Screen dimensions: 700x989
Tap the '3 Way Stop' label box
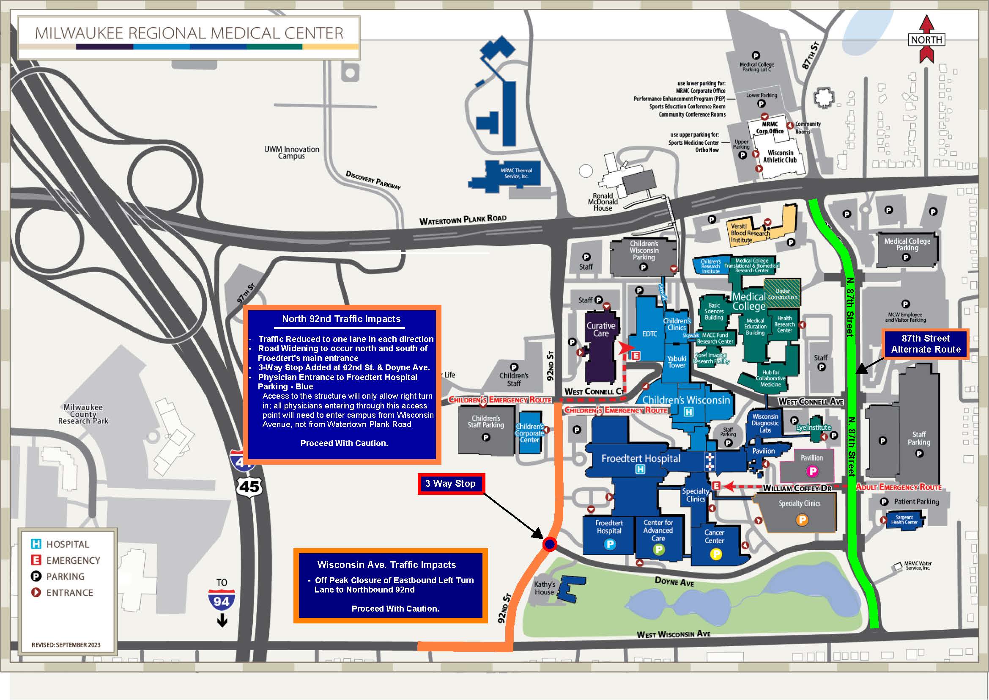point(451,484)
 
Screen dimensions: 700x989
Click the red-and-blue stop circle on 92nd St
point(550,544)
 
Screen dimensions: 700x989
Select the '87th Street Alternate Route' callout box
point(926,344)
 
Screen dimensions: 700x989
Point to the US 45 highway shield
point(249,487)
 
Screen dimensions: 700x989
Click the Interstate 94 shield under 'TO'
point(222,601)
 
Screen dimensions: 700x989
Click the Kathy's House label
point(545,588)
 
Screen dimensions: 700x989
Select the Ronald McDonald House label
point(603,202)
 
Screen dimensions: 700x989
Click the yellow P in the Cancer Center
point(715,554)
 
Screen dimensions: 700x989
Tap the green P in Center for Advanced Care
point(659,549)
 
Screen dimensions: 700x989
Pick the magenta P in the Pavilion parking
point(812,471)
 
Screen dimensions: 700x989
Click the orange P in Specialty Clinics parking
point(802,520)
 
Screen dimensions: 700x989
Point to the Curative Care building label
point(600,329)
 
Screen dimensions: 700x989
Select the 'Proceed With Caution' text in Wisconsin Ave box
point(395,609)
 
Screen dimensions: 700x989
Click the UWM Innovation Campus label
point(292,153)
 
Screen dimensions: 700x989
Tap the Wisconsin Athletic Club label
point(780,156)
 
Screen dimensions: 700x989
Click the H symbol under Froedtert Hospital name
point(641,469)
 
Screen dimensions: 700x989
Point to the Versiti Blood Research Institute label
point(750,233)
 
